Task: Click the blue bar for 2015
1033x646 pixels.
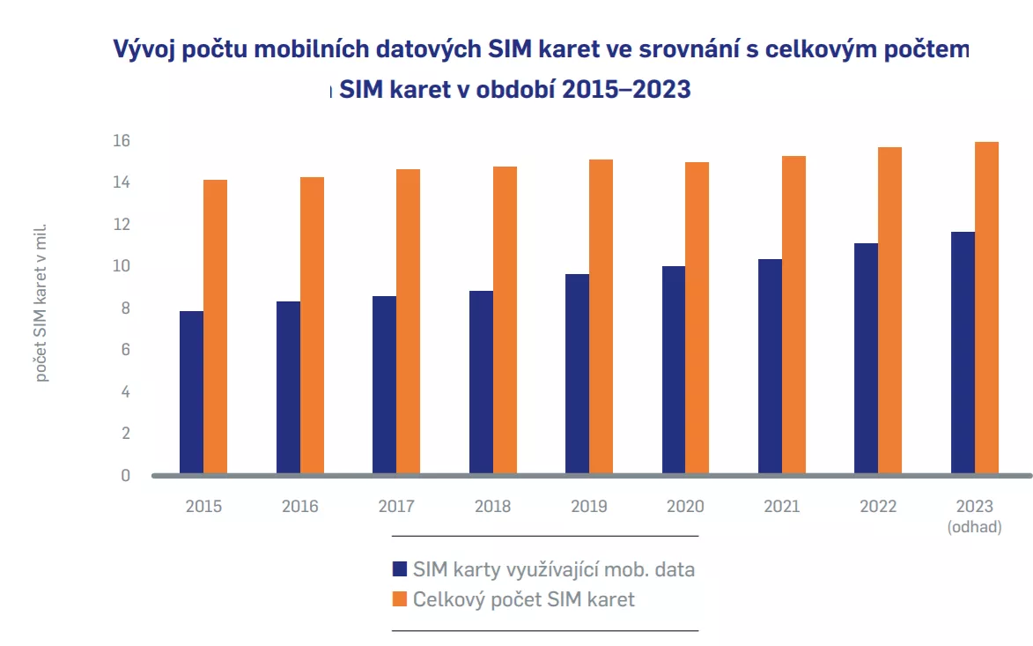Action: coord(191,393)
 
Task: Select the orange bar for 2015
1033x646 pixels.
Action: coord(216,327)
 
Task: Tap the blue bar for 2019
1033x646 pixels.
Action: coord(578,375)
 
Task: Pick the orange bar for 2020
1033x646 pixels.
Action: coord(697,318)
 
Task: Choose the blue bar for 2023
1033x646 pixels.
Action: coord(963,353)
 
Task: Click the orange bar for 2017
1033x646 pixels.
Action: coord(408,322)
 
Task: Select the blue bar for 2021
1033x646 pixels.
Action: coord(770,367)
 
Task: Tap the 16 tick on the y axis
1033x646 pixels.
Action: coord(121,141)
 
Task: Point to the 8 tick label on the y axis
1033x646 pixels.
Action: coord(124,308)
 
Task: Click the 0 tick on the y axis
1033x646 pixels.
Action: coord(125,476)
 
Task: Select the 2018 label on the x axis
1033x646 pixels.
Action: coord(492,507)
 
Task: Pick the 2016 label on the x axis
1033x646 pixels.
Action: coord(299,507)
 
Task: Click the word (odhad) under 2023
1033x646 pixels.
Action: coord(975,527)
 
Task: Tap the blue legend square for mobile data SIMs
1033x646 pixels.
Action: coord(399,568)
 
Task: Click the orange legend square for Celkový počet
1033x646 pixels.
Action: coord(399,599)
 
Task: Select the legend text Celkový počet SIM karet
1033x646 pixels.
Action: coord(524,599)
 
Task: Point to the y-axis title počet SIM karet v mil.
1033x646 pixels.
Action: coord(42,304)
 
